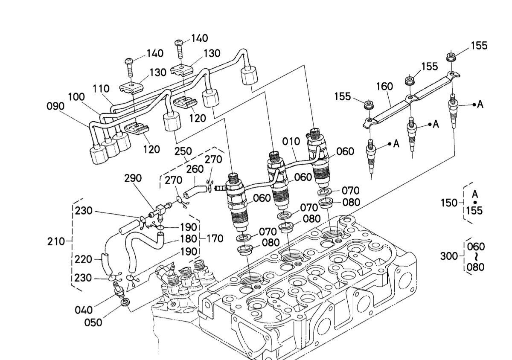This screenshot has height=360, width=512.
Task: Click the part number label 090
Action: coord(55,105)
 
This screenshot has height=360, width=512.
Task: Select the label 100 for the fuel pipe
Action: coord(76,97)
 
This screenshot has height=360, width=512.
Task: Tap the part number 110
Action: coord(101,89)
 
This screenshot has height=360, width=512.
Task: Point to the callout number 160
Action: coord(384,87)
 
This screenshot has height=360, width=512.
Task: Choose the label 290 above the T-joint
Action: coord(133,179)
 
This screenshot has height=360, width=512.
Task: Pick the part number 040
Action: coord(84,310)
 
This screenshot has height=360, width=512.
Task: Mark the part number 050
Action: coord(93,322)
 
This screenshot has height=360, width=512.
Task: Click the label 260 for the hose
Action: coord(195,169)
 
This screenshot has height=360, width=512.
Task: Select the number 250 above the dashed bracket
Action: coord(183,152)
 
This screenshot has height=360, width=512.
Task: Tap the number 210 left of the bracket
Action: coord(56,241)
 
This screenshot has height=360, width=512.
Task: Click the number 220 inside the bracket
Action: coord(83,259)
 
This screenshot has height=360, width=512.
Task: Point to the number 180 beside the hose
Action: coord(188,238)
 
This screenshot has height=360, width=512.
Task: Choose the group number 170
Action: coord(215,238)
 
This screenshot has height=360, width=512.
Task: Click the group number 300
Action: coord(448,256)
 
